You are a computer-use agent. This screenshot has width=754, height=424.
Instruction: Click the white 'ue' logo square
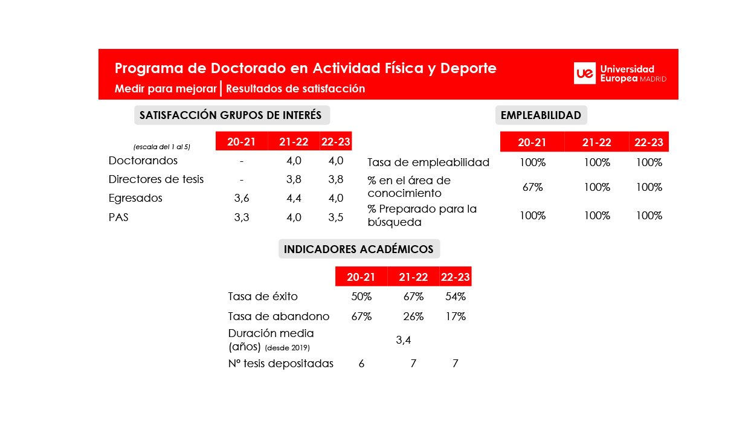tap(585, 73)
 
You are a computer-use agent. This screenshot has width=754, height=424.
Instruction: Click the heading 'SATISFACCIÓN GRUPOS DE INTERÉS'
tap(231, 115)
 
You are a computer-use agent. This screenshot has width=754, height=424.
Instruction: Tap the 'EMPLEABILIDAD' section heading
tap(541, 115)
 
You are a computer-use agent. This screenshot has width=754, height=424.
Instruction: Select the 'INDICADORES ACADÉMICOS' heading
tap(358, 249)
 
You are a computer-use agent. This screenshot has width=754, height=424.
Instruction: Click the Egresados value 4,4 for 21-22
tap(294, 198)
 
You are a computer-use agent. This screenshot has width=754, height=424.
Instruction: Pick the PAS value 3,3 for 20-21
tap(241, 217)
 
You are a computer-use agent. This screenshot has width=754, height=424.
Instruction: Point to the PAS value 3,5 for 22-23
tap(335, 217)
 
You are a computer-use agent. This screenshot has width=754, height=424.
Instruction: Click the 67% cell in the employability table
tap(532, 187)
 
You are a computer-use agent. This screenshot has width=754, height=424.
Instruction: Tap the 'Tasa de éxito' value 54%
tap(456, 297)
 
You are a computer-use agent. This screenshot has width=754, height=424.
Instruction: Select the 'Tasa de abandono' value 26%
tap(413, 316)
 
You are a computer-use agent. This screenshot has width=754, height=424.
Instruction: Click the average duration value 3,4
tap(403, 340)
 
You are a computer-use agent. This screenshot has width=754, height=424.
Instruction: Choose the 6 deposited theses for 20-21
tap(361, 364)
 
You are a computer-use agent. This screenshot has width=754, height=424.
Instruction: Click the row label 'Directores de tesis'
tap(156, 179)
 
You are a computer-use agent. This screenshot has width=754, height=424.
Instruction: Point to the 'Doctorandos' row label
tap(143, 161)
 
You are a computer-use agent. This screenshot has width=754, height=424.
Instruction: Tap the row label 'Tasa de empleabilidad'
tap(428, 162)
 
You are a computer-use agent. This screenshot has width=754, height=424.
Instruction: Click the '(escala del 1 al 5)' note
tap(161, 147)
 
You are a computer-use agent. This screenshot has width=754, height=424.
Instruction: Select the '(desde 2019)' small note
tap(287, 348)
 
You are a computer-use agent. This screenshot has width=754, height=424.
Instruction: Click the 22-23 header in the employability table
tap(649, 143)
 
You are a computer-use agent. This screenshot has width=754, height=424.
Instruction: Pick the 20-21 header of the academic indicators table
tap(361, 277)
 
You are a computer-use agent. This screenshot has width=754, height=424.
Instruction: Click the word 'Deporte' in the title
tap(468, 68)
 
